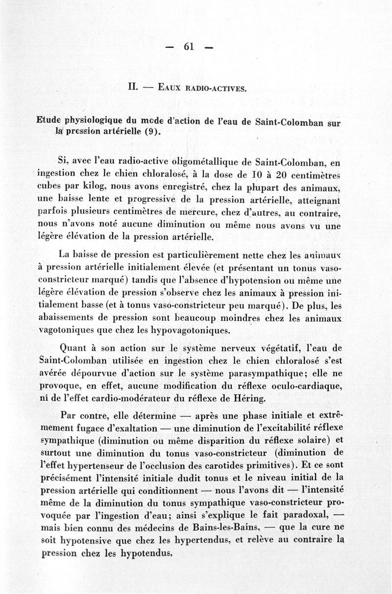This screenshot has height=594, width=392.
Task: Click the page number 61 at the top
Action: [189, 47]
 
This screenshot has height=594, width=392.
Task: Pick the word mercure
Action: [196, 212]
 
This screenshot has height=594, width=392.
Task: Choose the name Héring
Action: [248, 399]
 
